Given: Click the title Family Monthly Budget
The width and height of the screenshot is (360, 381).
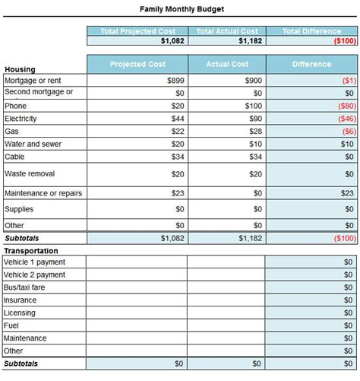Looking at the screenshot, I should tap(182, 9).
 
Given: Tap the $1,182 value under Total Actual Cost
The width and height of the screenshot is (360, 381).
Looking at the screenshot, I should tap(250, 41).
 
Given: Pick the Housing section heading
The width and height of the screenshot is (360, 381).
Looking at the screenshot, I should tap(20, 69).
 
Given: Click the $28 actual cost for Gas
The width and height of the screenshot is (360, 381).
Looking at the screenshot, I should tap(254, 132).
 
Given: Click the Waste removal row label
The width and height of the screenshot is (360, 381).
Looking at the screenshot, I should tap(30, 174).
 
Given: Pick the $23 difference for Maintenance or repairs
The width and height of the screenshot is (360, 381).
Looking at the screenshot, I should tap(346, 193).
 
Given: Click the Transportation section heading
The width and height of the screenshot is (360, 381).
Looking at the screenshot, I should tap(31, 250).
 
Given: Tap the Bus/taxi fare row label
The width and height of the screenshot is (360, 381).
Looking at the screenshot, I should tap(24, 287).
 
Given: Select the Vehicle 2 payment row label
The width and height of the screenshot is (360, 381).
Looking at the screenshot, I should tap(34, 275).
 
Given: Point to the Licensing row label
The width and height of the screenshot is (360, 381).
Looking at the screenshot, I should tap(19, 313).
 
